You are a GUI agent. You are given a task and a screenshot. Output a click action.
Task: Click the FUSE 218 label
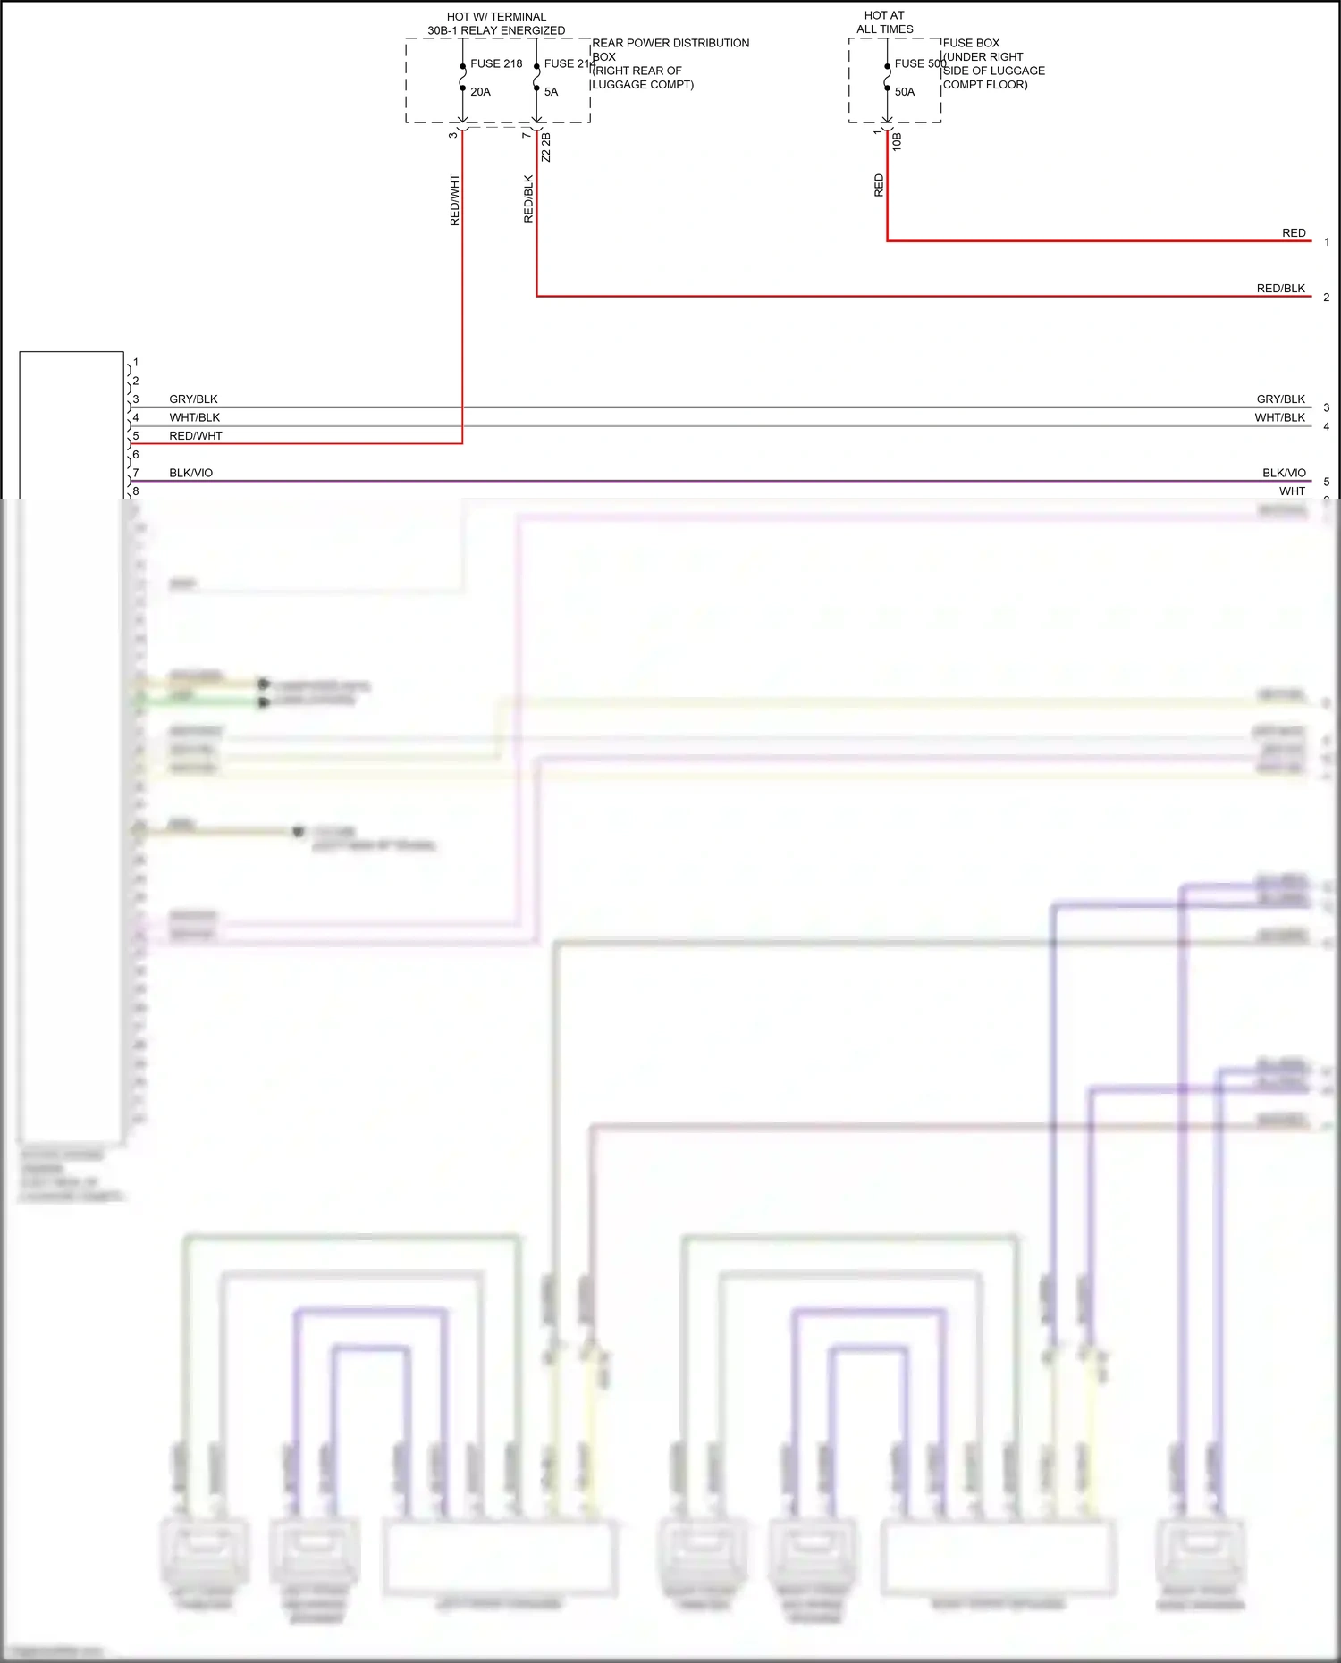(496, 63)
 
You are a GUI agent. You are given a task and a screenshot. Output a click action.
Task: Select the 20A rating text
(480, 92)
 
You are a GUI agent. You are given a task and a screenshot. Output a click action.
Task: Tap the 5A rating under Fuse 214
(551, 92)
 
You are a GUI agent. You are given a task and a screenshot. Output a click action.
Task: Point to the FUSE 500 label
(920, 63)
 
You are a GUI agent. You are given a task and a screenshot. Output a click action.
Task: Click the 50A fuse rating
(905, 92)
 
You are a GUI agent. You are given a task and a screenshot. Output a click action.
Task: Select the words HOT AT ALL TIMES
(884, 22)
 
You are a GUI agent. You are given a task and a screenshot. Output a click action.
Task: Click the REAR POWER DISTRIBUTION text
(670, 43)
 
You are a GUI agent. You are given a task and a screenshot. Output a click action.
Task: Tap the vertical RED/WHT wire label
(455, 199)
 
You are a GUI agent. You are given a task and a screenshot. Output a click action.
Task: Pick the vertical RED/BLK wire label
(528, 198)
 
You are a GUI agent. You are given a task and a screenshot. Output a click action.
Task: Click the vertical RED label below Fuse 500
(879, 185)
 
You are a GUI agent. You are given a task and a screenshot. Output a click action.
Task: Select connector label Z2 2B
(546, 147)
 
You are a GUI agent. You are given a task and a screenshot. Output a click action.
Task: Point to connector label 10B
(897, 141)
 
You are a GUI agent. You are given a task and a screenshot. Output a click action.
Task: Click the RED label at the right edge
(1294, 233)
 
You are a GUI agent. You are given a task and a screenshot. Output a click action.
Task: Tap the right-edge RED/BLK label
(1280, 289)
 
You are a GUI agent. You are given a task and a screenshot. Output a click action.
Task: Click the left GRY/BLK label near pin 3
(193, 399)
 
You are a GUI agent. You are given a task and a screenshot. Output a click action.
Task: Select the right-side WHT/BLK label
(1279, 417)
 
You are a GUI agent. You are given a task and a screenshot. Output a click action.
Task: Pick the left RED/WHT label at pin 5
(196, 436)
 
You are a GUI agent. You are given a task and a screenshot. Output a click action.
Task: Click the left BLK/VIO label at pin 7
(191, 473)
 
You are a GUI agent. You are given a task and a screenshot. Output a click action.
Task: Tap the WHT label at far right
(1292, 491)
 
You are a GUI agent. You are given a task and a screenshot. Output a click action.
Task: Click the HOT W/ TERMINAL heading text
(496, 17)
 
